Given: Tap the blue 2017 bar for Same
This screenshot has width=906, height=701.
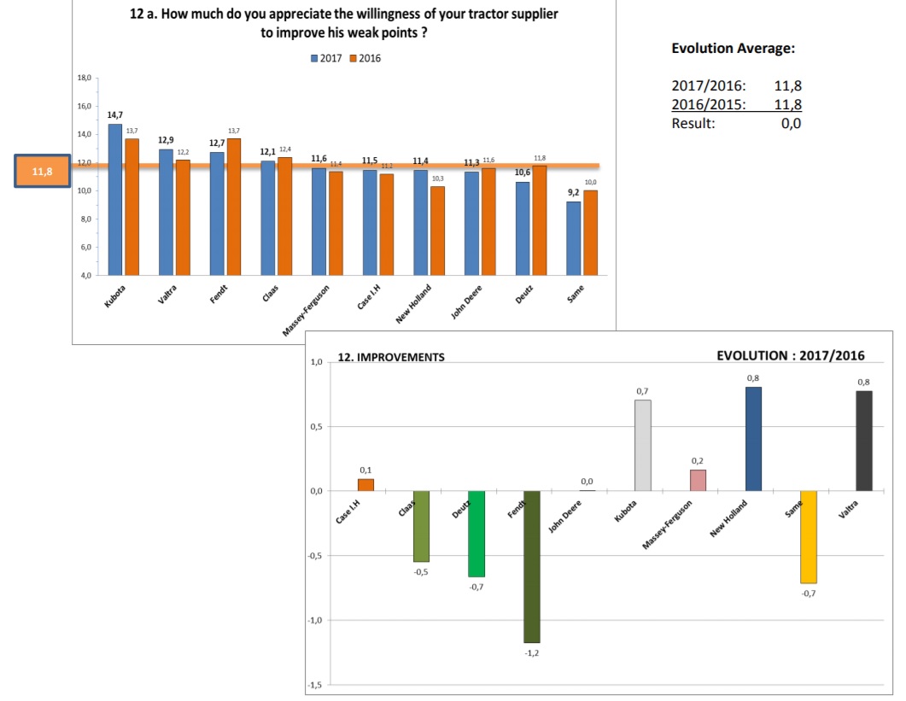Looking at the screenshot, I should click(574, 238).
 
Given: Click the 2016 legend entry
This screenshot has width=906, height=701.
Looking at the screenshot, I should click(365, 58).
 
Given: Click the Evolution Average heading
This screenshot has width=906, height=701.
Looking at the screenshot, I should click(734, 49).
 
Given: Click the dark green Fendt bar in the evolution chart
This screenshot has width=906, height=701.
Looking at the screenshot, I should click(532, 566).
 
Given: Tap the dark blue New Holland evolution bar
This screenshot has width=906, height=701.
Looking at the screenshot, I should click(753, 439).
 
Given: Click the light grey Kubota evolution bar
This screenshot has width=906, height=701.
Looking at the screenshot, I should click(643, 445).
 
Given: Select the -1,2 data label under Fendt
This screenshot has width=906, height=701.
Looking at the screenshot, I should click(532, 653).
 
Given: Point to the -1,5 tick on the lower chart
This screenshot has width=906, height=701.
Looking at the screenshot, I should click(315, 686).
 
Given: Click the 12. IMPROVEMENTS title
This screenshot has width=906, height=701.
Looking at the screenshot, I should click(391, 358).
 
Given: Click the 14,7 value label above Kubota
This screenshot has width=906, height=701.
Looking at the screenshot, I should click(115, 114).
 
